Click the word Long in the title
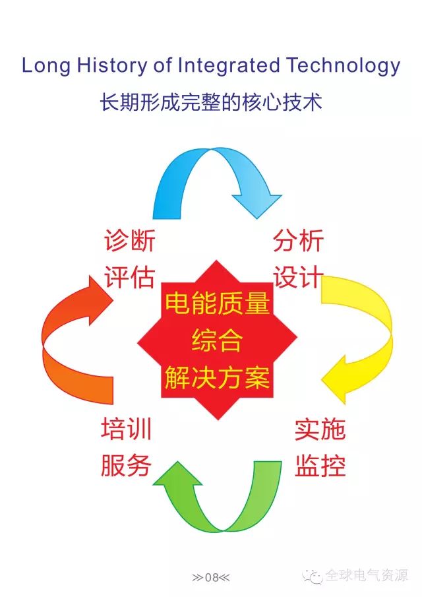(46, 66)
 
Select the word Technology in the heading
(344, 66)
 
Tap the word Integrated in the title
(229, 66)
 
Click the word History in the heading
(112, 66)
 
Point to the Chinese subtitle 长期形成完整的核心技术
(211, 102)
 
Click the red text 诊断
(129, 240)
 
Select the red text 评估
(129, 277)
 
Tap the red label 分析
(298, 240)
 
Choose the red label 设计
(298, 277)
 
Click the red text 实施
(320, 429)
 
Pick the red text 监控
(320, 465)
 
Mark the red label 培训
(127, 429)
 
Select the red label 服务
(127, 465)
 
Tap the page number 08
(211, 578)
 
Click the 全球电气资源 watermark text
(367, 576)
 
